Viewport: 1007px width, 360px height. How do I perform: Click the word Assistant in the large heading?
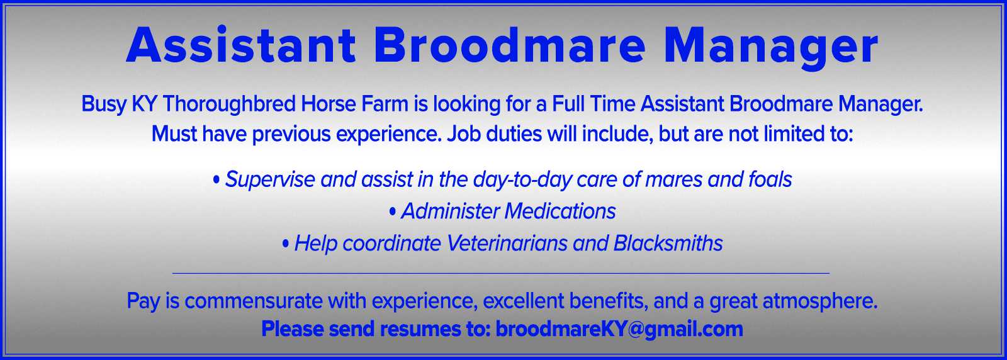241,45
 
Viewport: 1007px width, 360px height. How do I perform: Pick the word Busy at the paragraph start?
104,104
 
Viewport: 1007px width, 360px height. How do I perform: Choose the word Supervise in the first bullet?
270,180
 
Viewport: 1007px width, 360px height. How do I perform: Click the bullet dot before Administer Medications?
393,211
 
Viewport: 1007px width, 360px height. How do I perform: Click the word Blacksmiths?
668,243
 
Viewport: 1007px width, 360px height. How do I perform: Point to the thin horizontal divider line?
501,273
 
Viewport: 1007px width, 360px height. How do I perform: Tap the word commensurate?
253,301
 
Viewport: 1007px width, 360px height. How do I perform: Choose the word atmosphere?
820,301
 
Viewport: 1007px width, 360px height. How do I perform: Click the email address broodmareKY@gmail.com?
619,329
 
